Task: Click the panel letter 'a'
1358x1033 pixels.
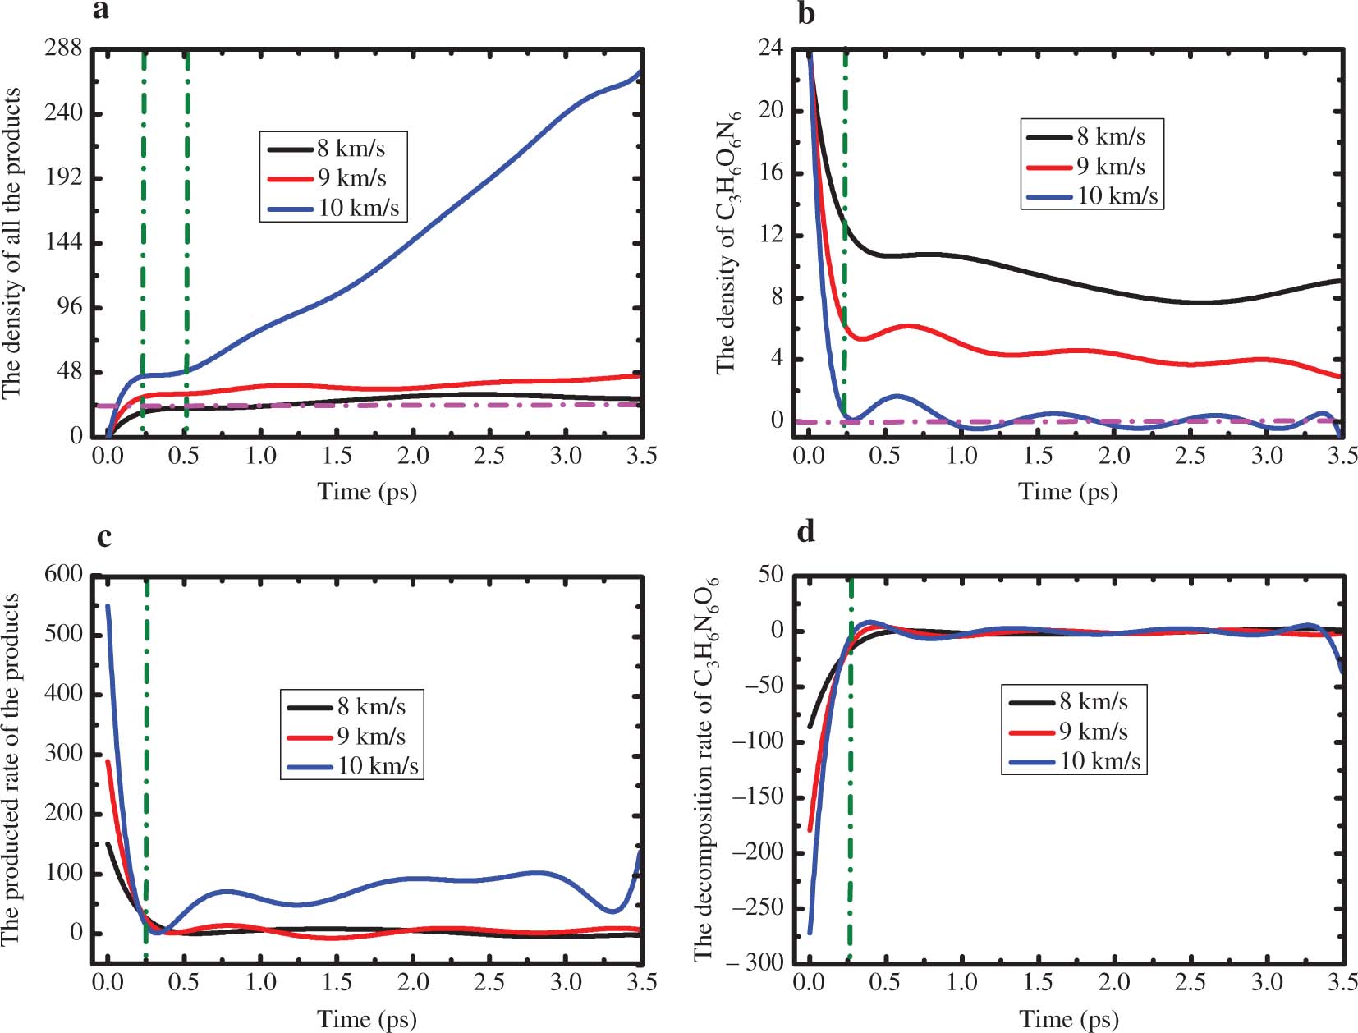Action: click(101, 11)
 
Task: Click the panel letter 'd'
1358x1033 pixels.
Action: click(806, 532)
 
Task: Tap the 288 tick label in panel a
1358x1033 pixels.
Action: click(63, 48)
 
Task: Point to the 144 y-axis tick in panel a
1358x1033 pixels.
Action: click(63, 242)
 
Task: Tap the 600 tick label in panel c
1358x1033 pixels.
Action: click(63, 574)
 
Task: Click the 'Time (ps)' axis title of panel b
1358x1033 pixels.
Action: click(1067, 492)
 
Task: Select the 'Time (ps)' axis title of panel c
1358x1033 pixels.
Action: click(367, 1019)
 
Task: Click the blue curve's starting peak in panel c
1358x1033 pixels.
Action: click(108, 607)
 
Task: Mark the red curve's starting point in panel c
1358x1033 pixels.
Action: click(108, 761)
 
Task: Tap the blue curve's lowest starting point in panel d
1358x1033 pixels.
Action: click(810, 932)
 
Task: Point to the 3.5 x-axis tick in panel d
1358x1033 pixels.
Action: click(1342, 981)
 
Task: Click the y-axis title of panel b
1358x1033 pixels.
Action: click(727, 242)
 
